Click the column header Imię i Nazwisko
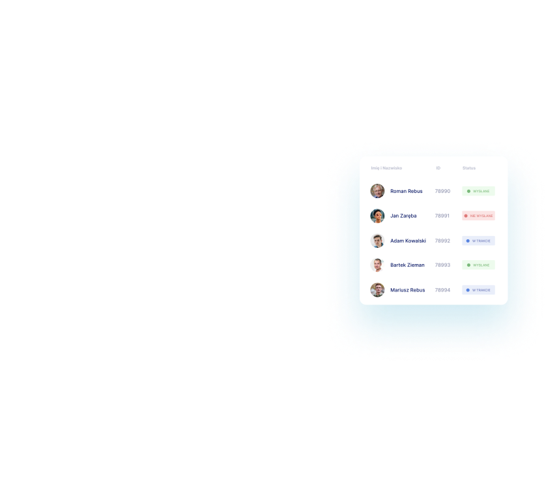[386, 168]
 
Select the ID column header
[438, 168]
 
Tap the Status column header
[469, 168]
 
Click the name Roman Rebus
[406, 191]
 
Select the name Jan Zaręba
[403, 216]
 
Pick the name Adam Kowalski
[408, 241]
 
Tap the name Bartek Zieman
[407, 265]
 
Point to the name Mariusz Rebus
[407, 290]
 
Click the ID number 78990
[442, 191]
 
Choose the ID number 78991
[442, 216]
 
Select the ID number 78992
[442, 241]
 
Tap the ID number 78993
[442, 265]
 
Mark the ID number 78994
[442, 290]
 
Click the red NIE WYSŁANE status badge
[479, 216]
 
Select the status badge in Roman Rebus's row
[479, 191]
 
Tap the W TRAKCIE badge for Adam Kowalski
[479, 241]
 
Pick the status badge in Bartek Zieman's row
[479, 265]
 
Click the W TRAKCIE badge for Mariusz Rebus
[479, 290]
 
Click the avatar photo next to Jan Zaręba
[377, 216]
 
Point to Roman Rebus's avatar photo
[377, 191]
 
